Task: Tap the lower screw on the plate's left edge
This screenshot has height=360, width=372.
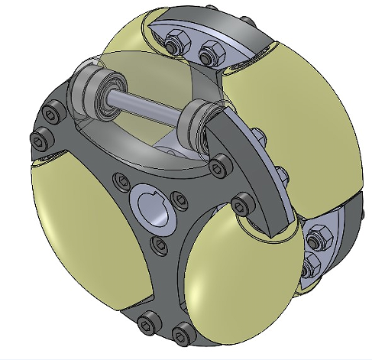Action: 37,140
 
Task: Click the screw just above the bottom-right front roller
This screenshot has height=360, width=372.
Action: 242,204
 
